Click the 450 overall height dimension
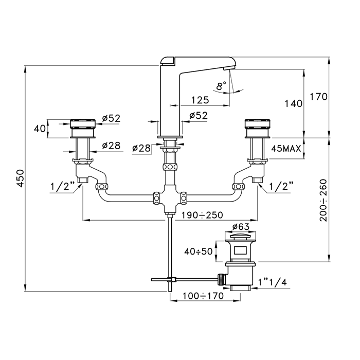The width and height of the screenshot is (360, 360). (x=21, y=178)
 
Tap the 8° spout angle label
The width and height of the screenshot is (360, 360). (x=221, y=86)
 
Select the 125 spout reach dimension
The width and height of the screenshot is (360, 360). (x=200, y=100)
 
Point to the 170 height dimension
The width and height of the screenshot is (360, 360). (x=319, y=97)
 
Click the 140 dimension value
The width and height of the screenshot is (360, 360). (x=294, y=104)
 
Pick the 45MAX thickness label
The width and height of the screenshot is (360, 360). (x=286, y=149)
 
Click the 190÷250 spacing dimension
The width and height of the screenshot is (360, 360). (x=202, y=215)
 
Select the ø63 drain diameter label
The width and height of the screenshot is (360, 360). (x=241, y=227)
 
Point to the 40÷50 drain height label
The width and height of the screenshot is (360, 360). (x=199, y=251)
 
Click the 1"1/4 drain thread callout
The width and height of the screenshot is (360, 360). (x=273, y=282)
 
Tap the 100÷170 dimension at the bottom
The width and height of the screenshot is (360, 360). (x=203, y=296)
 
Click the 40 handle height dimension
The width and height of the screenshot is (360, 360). (x=40, y=129)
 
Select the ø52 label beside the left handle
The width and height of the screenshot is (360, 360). (x=112, y=118)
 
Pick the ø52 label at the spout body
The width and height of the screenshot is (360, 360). (x=199, y=116)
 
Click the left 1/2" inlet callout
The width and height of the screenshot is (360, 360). (x=63, y=186)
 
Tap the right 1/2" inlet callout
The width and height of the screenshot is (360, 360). (x=281, y=186)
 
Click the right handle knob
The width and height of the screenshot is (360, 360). (x=257, y=129)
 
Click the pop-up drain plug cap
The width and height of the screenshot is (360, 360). (x=240, y=236)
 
